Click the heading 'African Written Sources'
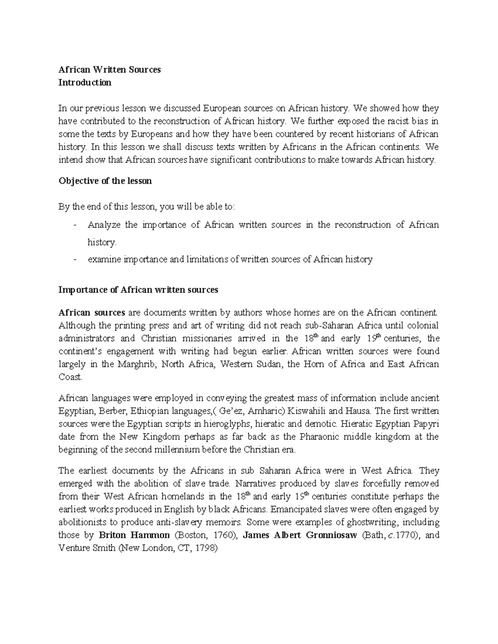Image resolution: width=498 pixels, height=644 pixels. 110,70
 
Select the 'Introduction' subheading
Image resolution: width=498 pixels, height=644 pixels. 85,83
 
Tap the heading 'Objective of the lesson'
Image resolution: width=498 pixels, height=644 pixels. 105,181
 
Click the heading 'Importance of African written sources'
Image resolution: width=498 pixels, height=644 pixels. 138,290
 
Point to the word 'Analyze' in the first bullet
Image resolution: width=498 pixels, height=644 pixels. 104,225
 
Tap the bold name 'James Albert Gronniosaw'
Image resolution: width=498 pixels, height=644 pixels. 300,535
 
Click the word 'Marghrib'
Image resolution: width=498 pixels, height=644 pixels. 137,365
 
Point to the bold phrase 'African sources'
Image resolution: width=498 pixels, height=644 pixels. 92,312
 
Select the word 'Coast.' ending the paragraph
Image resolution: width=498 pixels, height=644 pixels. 71,377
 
